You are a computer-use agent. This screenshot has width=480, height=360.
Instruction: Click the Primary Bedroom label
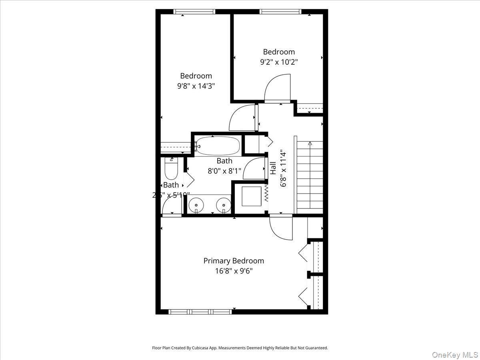coord(234,261)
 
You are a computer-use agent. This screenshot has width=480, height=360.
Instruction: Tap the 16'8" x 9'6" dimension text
coord(234,271)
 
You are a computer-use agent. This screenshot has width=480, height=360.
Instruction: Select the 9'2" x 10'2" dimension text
coord(279,62)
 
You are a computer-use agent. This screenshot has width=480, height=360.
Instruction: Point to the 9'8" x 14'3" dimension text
coord(196,86)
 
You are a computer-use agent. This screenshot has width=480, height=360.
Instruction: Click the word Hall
coord(273,168)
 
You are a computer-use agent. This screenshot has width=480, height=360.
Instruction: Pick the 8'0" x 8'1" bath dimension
coord(224,171)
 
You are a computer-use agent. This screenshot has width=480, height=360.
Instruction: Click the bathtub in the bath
coord(218,146)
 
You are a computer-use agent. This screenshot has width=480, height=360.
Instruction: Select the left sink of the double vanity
coord(196,206)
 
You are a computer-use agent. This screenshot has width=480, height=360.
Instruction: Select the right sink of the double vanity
coord(223,206)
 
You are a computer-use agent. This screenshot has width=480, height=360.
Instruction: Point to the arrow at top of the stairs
coord(310,143)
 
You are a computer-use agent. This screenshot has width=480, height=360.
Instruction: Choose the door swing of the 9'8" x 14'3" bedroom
coord(242,118)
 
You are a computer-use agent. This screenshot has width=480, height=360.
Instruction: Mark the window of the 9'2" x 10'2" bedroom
coord(280,12)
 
